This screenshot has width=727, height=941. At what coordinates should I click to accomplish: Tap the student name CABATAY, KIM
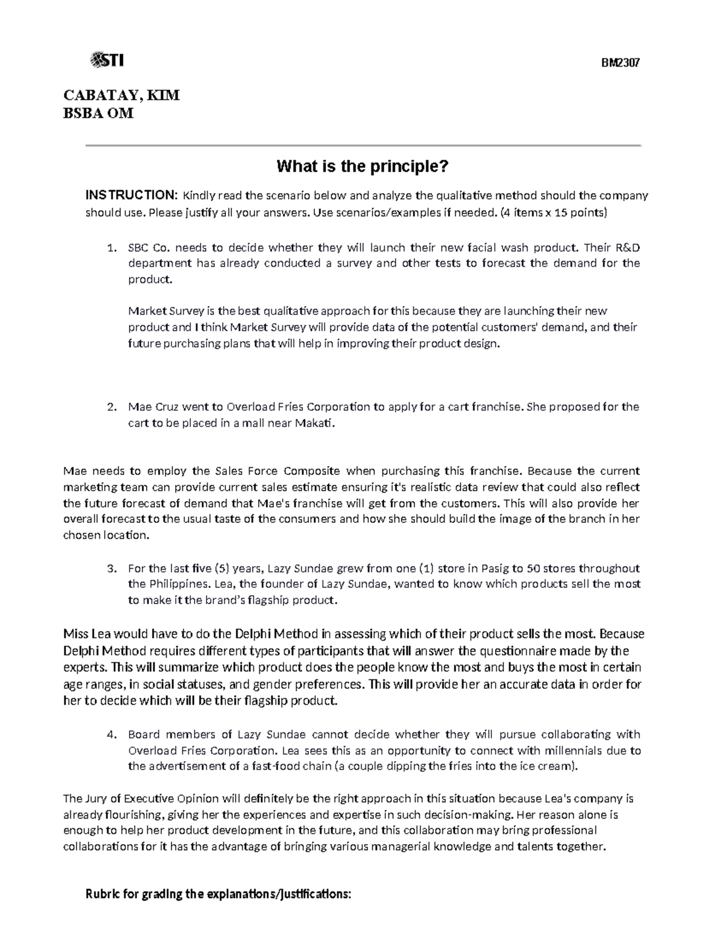pyautogui.click(x=121, y=96)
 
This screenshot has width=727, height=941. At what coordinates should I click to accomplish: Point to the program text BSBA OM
pyautogui.click(x=98, y=113)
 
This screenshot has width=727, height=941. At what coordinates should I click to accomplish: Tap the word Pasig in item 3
pyautogui.click(x=494, y=568)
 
